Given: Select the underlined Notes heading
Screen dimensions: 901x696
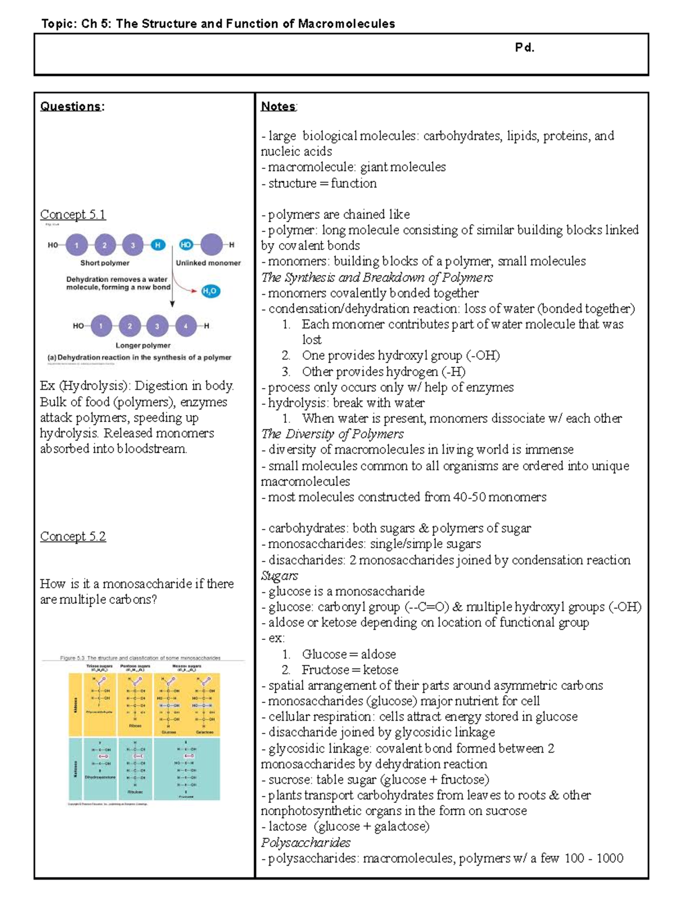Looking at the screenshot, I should [278, 106].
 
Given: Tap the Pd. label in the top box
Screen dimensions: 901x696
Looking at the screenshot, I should [524, 48].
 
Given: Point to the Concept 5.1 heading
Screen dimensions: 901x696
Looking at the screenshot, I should [72, 215].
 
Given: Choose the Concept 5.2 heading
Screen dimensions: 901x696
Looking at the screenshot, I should [72, 537].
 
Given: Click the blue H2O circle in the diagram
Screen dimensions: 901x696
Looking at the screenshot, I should [211, 291].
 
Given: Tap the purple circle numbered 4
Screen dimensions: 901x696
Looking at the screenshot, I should [186, 326].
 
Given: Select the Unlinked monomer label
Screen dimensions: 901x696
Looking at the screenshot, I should [208, 263].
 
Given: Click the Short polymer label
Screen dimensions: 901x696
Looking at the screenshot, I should [104, 263].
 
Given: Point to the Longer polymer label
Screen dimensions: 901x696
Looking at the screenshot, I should [143, 345].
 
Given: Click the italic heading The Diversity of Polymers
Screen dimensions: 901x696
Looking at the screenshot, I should [332, 434].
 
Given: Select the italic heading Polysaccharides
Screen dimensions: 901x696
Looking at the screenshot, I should [306, 842].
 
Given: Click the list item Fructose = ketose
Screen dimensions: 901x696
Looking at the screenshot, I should [350, 670].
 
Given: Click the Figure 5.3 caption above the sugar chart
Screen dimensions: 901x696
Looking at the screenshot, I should [140, 658].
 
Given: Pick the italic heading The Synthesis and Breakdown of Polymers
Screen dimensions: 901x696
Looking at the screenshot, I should [377, 277].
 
